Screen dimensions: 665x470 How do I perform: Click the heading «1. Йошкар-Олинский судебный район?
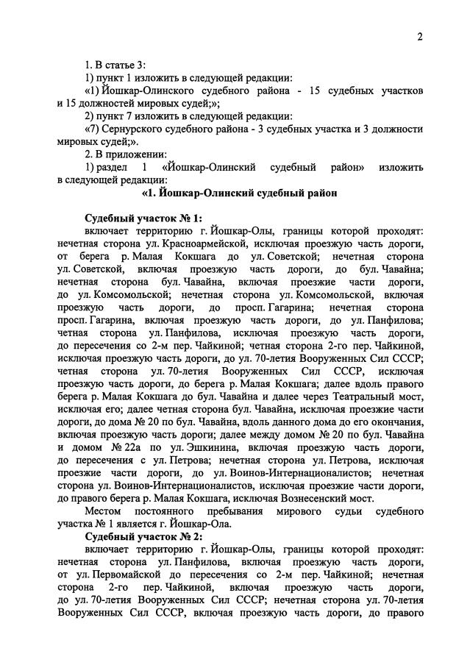(x=234, y=193)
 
